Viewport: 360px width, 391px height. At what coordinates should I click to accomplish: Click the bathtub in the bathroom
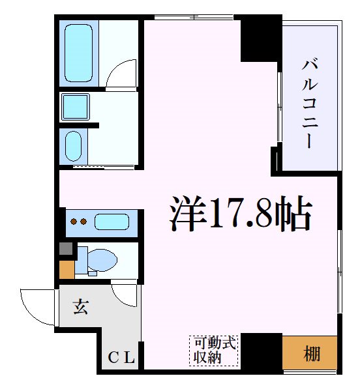pos(79,51)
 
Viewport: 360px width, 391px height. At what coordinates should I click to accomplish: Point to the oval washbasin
pos(74,146)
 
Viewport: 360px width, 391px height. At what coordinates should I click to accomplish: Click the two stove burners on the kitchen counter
pos(79,222)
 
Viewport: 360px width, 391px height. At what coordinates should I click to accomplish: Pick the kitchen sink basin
pos(112,222)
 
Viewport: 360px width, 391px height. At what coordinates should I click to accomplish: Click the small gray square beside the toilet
pos(66,248)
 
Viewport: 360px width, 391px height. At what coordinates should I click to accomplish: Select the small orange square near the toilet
pos(67,269)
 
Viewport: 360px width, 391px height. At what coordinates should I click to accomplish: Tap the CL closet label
pos(121,357)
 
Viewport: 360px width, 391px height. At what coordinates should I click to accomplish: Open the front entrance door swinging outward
pos(38,306)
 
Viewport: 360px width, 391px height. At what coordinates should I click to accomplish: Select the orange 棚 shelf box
pos(310,354)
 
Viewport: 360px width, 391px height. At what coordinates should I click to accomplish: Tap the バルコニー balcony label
pos(310,103)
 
